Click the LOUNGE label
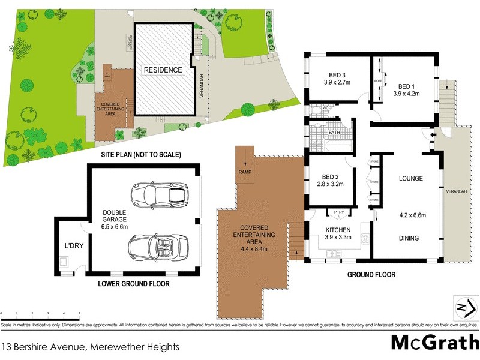tap(411, 179)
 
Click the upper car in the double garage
tap(159, 194)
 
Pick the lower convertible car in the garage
tap(158, 246)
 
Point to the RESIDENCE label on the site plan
tap(162, 70)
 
